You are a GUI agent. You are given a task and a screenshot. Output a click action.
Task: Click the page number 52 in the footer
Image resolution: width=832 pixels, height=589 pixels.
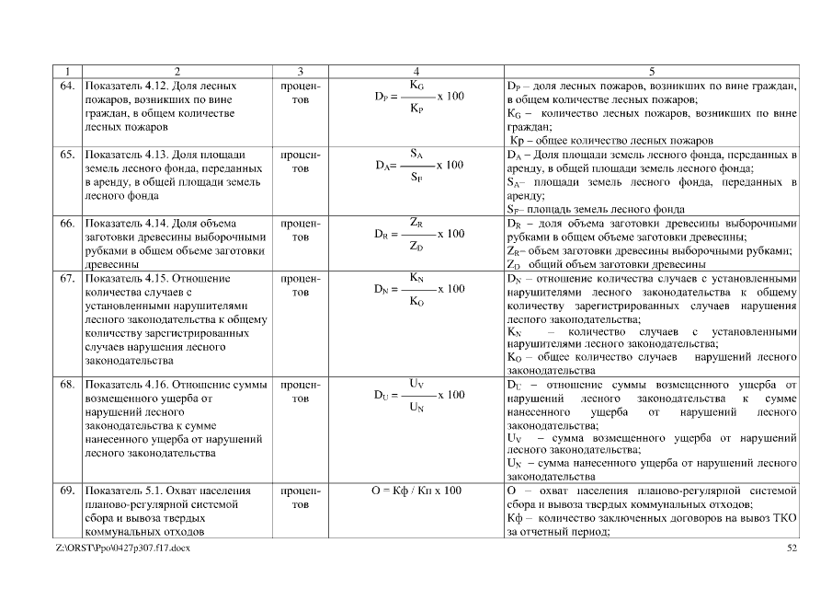(792, 549)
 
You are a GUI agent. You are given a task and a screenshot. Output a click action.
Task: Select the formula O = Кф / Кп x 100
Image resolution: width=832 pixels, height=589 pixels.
(416, 491)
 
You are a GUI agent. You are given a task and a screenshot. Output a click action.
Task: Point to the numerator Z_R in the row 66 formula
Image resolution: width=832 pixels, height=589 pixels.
(416, 222)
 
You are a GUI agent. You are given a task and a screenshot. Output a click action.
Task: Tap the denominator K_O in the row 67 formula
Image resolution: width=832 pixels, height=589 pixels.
(416, 300)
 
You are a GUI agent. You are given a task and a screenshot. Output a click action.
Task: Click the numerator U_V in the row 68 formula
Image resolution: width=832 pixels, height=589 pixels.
(416, 383)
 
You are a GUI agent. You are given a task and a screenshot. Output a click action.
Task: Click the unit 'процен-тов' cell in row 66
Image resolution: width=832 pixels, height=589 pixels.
(294, 229)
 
